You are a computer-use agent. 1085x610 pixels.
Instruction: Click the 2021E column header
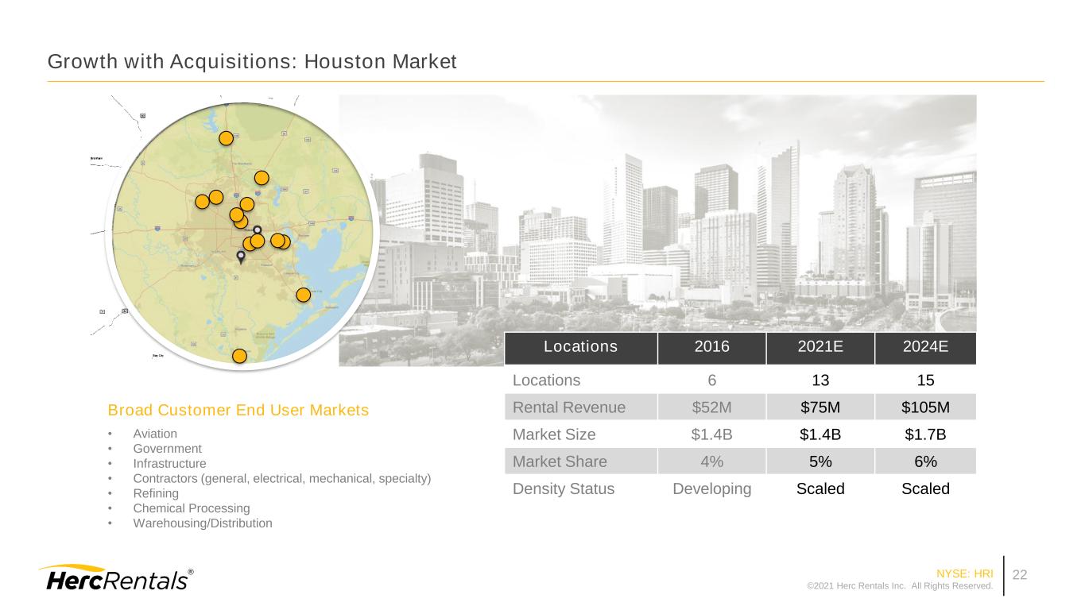point(820,346)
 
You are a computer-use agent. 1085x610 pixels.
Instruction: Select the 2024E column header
point(925,346)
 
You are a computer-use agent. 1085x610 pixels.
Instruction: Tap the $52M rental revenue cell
point(711,407)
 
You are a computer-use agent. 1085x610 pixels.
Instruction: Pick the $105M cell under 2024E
point(925,407)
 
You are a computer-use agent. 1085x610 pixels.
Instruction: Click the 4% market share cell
point(711,461)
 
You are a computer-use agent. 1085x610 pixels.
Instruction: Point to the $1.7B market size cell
point(925,434)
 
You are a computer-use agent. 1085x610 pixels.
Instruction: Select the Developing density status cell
point(711,488)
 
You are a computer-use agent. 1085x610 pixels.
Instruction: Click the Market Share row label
point(560,461)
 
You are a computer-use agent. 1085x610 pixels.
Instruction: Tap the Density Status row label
point(563,488)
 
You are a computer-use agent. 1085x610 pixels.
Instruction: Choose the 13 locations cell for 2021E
point(820,380)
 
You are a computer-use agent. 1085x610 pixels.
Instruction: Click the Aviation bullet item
point(155,434)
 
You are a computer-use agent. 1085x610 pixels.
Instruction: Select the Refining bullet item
point(156,493)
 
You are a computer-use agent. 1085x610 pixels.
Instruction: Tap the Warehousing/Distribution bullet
point(203,523)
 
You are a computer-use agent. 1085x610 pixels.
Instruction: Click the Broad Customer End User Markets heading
point(238,411)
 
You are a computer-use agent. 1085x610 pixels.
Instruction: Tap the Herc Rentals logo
point(115,579)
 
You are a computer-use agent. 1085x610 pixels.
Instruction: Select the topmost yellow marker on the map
point(226,138)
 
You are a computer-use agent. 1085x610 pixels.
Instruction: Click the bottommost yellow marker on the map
point(239,356)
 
